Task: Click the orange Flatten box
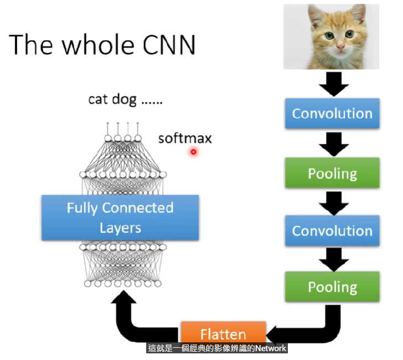point(223,332)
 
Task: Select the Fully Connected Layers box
point(120,217)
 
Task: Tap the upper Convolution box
point(332,113)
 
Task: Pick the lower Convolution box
point(332,231)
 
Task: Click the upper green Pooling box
point(332,173)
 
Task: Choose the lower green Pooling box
point(332,286)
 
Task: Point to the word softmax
point(185,138)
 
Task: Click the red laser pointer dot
point(194,152)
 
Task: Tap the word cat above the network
point(97,100)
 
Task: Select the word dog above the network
point(124,100)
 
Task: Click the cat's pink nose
point(341,46)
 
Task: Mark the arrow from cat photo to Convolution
point(334,84)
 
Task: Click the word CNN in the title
point(169,45)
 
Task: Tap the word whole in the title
point(98,44)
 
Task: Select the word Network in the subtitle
point(270,348)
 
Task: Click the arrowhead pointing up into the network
point(123,297)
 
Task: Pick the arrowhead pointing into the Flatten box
point(271,335)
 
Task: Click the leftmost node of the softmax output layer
point(108,138)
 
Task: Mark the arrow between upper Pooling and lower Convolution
point(334,204)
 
